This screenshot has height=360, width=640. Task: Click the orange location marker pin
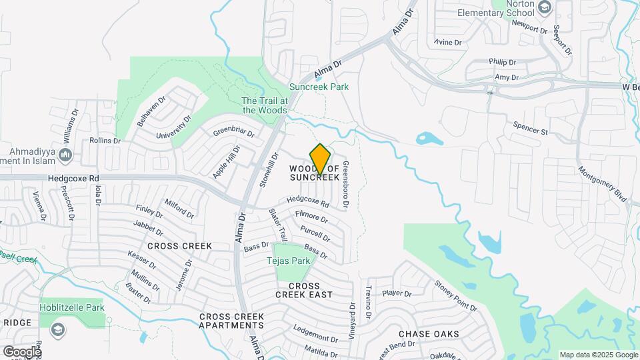tap(321, 159)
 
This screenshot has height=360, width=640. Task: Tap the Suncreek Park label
tap(319, 87)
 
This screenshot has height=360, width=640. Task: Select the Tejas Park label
tap(289, 261)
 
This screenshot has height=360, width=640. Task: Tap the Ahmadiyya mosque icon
tap(65, 155)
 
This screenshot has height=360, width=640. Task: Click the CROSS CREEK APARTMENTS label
tap(231, 321)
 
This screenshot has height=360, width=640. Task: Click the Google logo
tap(22, 351)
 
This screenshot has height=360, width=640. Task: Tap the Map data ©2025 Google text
tap(598, 355)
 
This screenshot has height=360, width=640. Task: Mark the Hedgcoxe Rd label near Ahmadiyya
tap(73, 179)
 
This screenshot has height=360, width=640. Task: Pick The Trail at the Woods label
tap(265, 105)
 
